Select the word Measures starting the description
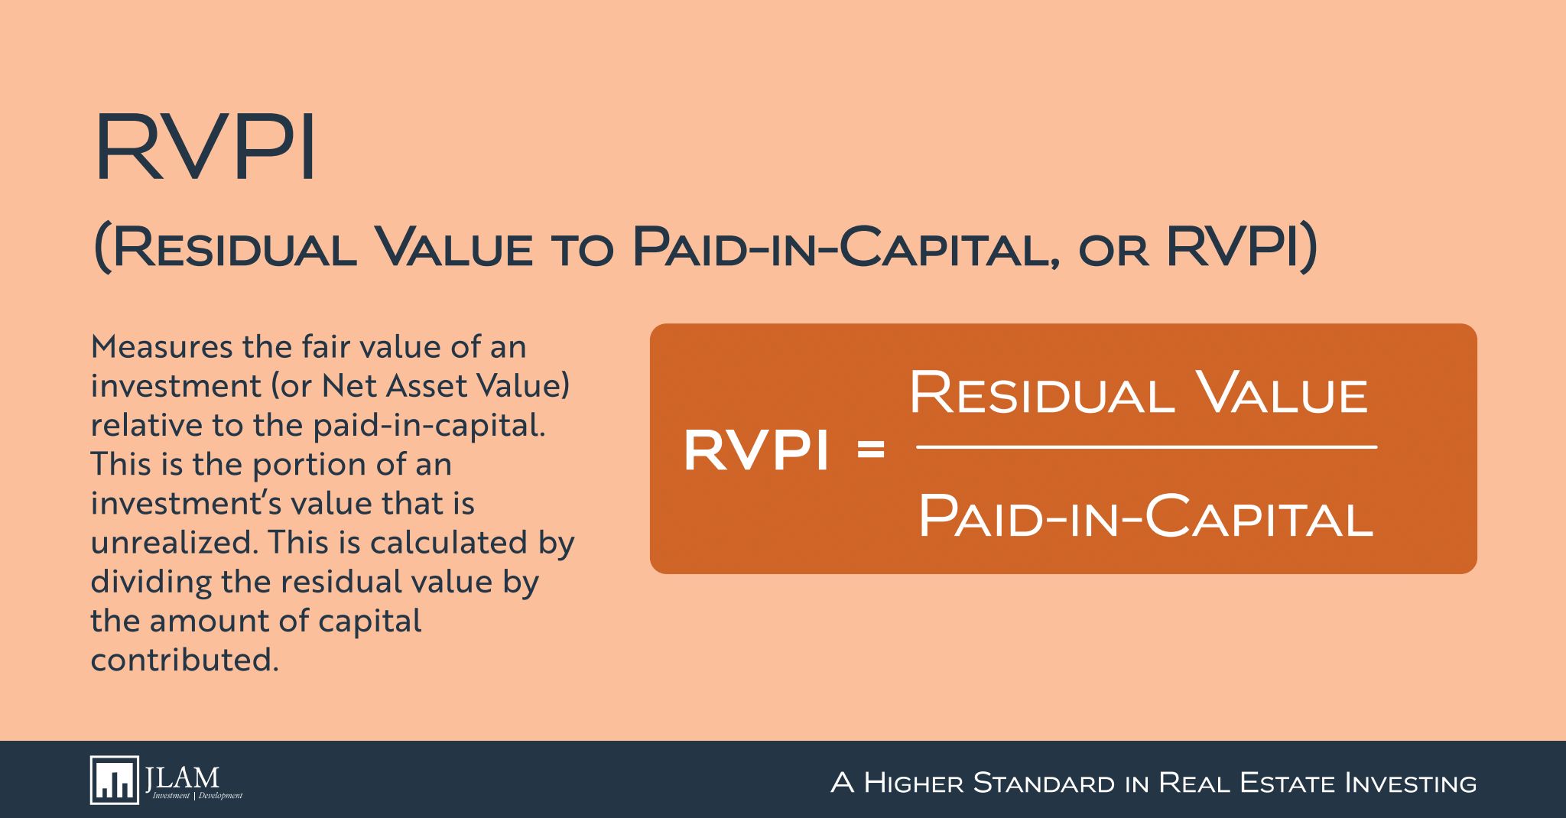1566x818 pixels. pyautogui.click(x=162, y=347)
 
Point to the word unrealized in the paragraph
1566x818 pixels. pyautogui.click(x=174, y=543)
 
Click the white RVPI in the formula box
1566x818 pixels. pyautogui.click(x=756, y=450)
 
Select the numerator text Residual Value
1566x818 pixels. pyautogui.click(x=1138, y=394)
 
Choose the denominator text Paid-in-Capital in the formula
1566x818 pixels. pyautogui.click(x=1145, y=517)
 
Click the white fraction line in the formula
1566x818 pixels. pyautogui.click(x=1146, y=446)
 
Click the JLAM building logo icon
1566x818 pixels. pyautogui.click(x=115, y=781)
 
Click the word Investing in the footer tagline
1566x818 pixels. pyautogui.click(x=1410, y=784)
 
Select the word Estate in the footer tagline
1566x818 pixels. pyautogui.click(x=1288, y=784)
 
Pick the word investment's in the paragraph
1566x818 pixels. pyautogui.click(x=195, y=504)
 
